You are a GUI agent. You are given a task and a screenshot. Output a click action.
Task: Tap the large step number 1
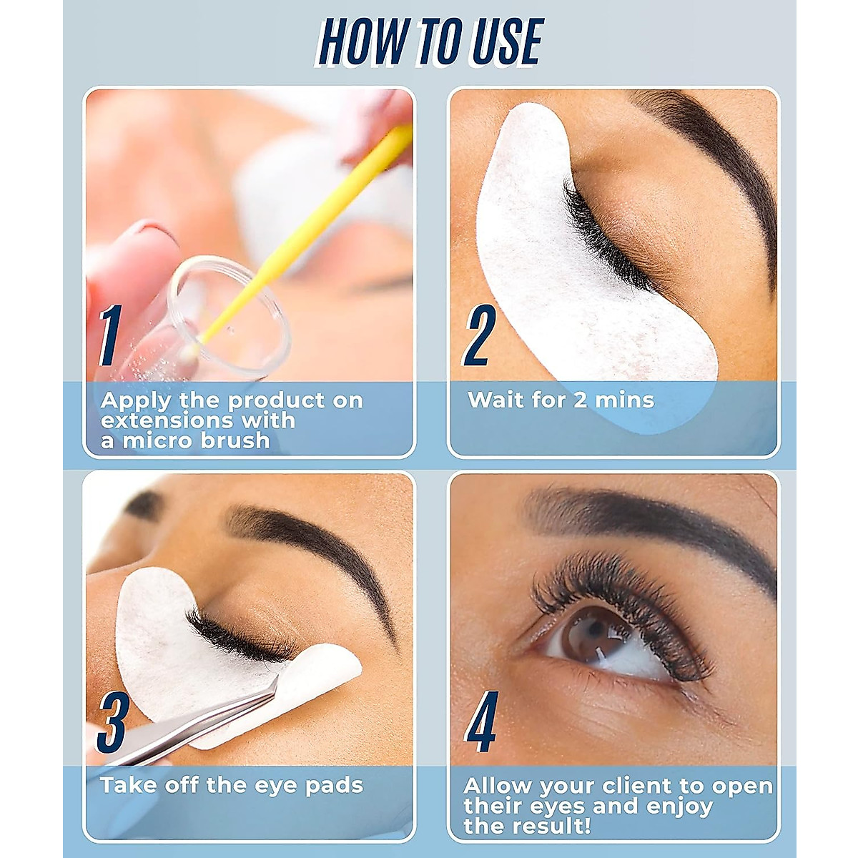pyautogui.click(x=109, y=335)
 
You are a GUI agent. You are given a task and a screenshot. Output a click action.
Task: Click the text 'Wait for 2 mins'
pyautogui.click(x=561, y=400)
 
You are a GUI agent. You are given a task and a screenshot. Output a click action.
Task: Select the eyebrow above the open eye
pyautogui.click(x=643, y=522)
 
